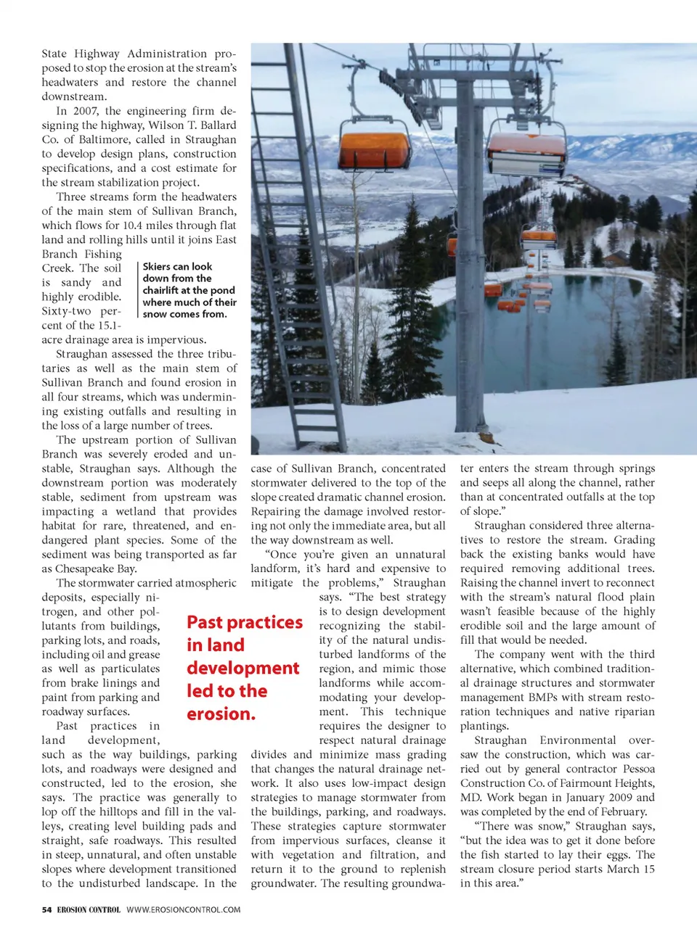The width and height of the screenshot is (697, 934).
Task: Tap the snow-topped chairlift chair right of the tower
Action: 526,154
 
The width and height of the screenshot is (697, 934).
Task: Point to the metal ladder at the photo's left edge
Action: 288,181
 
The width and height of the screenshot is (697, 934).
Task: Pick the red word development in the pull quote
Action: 242,668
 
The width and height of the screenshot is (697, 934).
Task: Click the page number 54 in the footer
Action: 46,909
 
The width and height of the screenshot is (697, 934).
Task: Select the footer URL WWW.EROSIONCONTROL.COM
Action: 183,909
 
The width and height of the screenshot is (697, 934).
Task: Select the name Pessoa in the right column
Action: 637,769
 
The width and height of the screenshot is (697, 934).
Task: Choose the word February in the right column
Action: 621,811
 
